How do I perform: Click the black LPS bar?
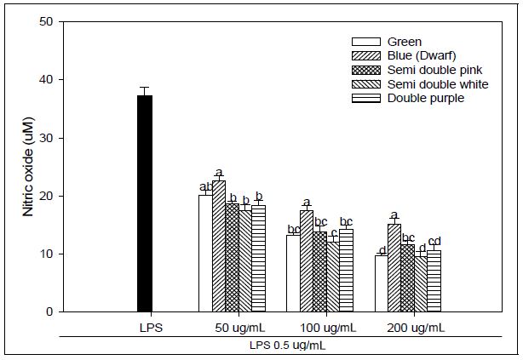coord(145,203)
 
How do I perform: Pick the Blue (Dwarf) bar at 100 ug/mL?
coord(306,261)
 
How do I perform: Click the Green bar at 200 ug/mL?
coord(381,283)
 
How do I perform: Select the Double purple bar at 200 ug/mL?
coord(434,281)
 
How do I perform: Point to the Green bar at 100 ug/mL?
coord(292,273)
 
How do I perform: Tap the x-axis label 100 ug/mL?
coord(320,328)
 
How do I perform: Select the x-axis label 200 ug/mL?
coord(407,328)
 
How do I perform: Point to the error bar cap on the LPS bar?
coord(145,88)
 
